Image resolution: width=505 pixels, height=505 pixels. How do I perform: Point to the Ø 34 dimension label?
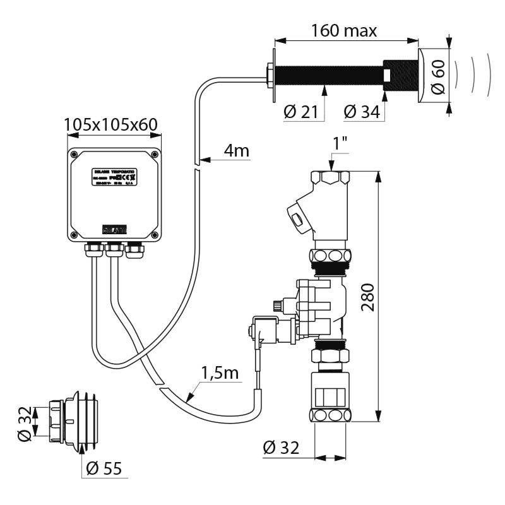click(x=362, y=112)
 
